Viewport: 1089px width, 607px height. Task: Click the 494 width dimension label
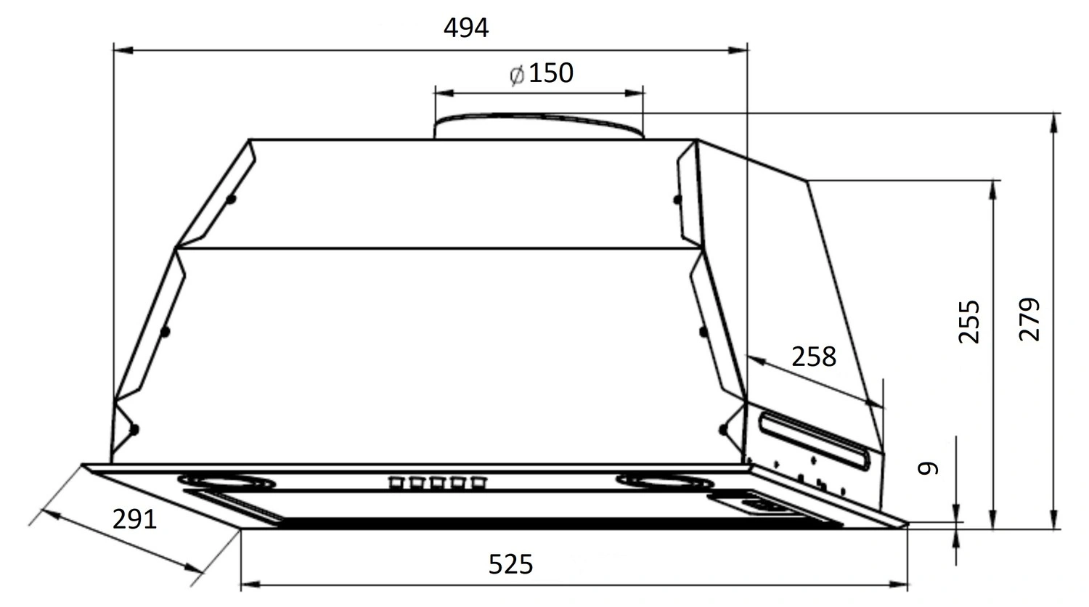(x=466, y=28)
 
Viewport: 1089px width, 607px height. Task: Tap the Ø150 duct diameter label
(x=542, y=73)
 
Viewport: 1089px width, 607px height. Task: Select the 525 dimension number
(x=510, y=564)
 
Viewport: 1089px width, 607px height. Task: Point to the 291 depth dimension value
(x=134, y=519)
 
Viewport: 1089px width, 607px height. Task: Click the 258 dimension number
(x=814, y=357)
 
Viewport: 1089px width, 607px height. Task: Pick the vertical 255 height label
(x=969, y=322)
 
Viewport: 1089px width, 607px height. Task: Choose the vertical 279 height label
(x=1029, y=319)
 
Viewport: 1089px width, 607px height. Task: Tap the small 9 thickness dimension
(x=928, y=468)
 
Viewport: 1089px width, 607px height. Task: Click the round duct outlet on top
(x=539, y=126)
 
